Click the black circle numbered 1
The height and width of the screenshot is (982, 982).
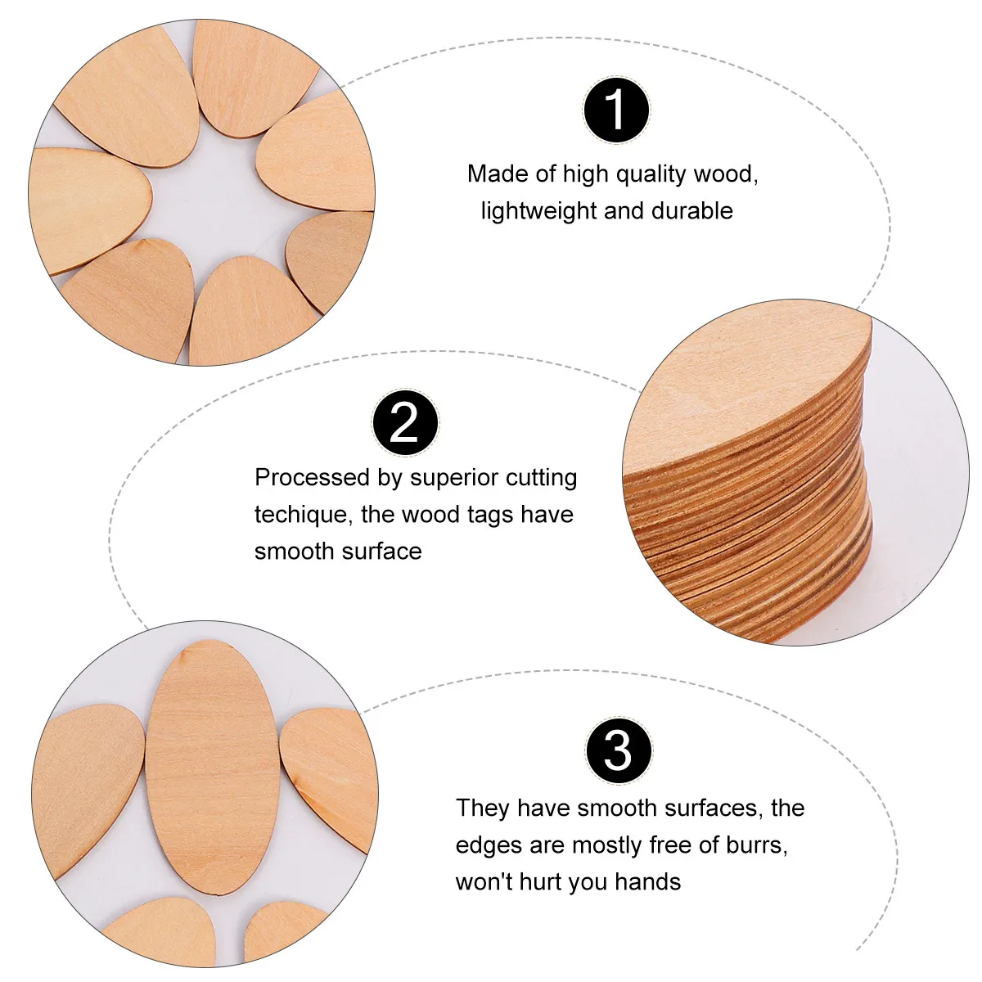[615, 110]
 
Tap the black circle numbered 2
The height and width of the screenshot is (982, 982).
[404, 423]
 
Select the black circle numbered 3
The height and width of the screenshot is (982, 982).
[619, 750]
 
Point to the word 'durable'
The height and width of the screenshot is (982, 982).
[691, 210]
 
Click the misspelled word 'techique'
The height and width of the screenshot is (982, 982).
[303, 514]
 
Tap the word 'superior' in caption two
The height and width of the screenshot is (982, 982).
[453, 477]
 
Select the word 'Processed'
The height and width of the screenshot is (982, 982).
[308, 477]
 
